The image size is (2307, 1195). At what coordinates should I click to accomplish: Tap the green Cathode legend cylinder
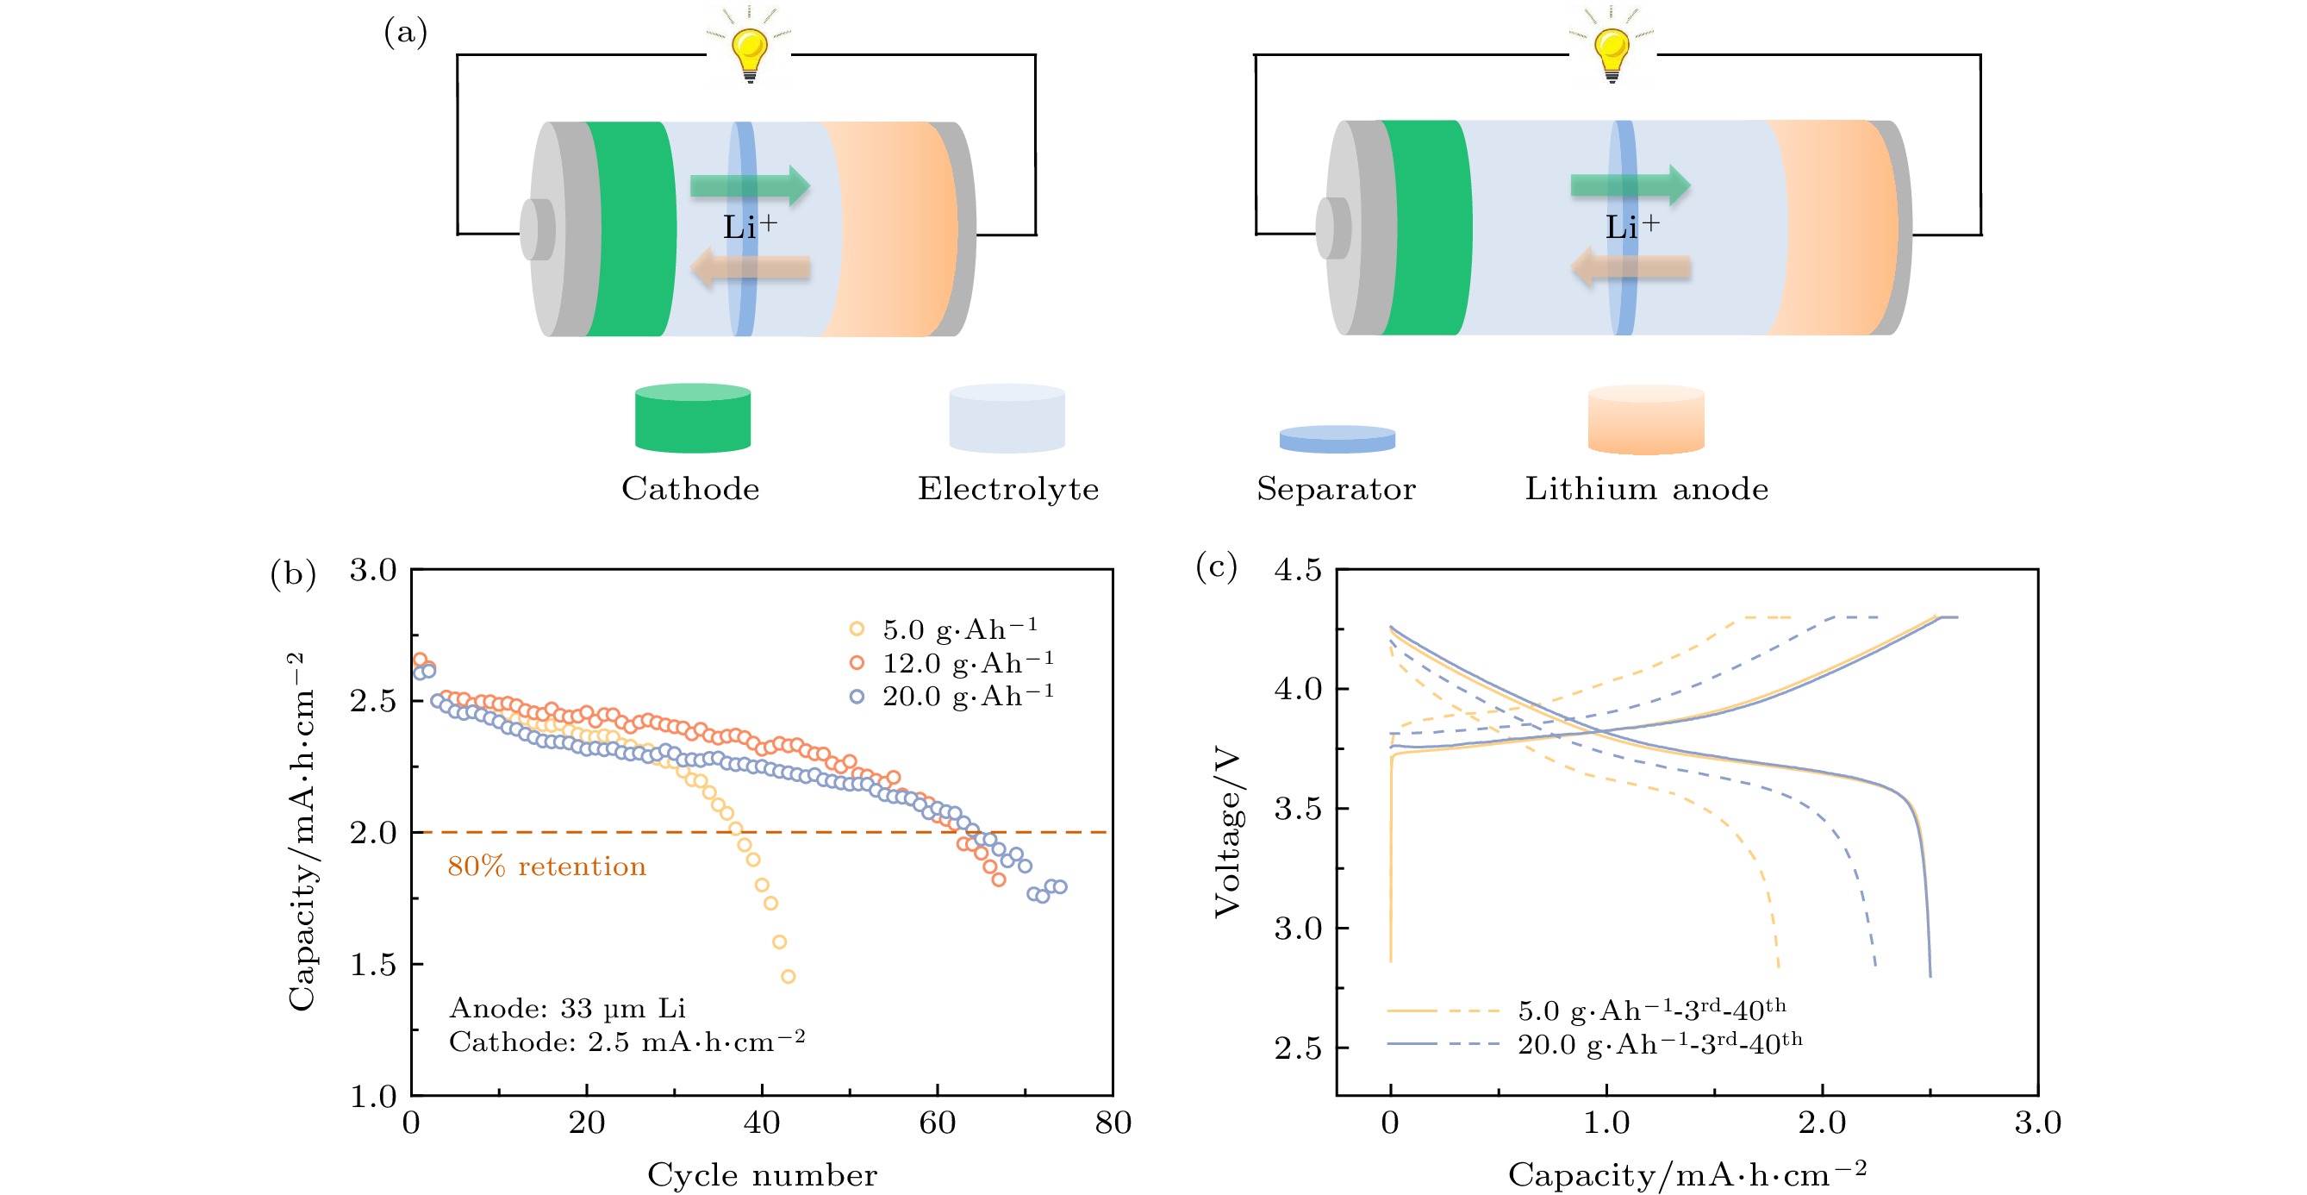click(x=692, y=418)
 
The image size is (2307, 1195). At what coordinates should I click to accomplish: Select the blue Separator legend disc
click(x=1337, y=439)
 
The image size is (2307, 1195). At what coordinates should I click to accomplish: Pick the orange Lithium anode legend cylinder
click(x=1646, y=420)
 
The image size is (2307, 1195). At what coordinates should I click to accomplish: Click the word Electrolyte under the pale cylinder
click(x=1008, y=489)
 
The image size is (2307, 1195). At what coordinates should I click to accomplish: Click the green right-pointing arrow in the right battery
click(x=1630, y=185)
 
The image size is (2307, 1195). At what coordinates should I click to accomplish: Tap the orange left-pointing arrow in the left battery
click(x=751, y=267)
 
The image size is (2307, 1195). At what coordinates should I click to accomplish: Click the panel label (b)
click(x=293, y=573)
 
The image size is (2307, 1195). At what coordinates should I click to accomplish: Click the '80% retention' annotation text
click(x=546, y=867)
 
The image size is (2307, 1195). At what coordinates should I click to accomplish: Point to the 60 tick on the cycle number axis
click(x=937, y=1123)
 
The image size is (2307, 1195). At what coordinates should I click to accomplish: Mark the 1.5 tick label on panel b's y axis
click(x=372, y=965)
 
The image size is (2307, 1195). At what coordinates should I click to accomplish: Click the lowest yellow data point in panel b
click(x=789, y=976)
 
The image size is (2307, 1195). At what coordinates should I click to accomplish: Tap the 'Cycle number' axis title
click(x=762, y=1174)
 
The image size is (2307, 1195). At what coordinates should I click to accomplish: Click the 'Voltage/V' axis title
click(x=1228, y=833)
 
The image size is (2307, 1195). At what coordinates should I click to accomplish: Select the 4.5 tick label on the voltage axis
click(x=1298, y=570)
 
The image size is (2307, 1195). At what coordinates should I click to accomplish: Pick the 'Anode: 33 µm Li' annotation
click(x=567, y=1009)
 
